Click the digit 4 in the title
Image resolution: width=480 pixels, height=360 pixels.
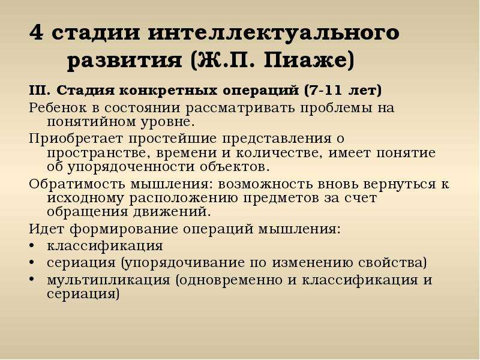click(x=36, y=32)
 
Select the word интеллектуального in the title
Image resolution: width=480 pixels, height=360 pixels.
click(x=274, y=32)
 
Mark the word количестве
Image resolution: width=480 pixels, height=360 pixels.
click(x=280, y=152)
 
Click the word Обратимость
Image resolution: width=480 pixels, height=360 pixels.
click(x=77, y=184)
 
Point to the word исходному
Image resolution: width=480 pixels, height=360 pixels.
click(x=85, y=199)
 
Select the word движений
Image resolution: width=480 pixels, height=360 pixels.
click(x=172, y=212)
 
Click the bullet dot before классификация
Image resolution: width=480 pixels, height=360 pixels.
click(x=32, y=246)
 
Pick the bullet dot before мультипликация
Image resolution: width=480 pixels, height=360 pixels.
click(x=32, y=280)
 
